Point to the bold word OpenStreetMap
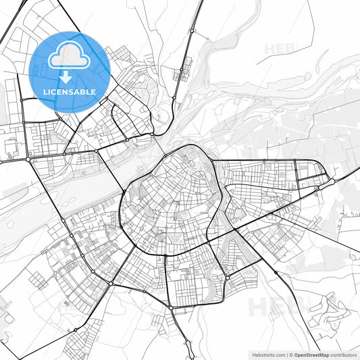click(x=309, y=354)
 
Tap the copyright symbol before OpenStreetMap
click(x=290, y=354)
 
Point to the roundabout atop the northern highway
click(x=192, y=30)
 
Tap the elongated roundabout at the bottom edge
click(x=172, y=308)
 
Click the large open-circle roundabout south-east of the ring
click(x=228, y=277)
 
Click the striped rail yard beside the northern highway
click(x=183, y=71)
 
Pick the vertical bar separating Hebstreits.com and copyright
click(x=286, y=354)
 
